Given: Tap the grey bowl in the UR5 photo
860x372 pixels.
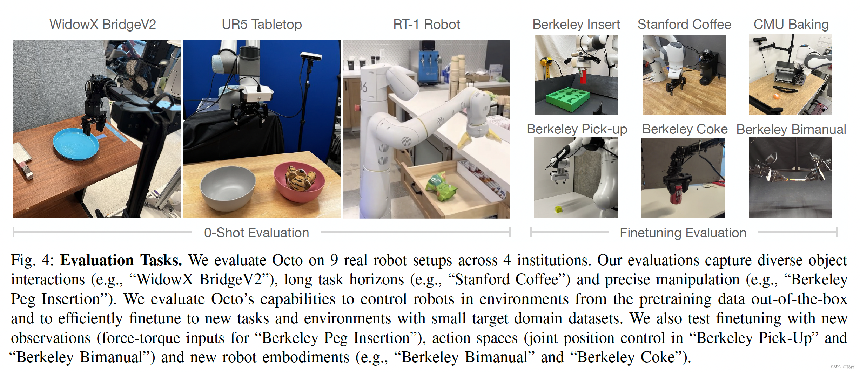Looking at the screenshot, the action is point(228,187).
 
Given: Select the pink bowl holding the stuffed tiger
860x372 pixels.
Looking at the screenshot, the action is point(299,182).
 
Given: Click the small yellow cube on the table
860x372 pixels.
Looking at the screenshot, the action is point(558,209).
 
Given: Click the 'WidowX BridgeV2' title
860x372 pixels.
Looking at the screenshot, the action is point(102,25).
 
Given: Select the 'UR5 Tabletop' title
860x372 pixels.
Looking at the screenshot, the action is point(262,25).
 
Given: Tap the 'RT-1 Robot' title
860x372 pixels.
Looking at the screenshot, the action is point(426,25).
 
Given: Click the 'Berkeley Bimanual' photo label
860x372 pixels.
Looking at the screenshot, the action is point(791,129).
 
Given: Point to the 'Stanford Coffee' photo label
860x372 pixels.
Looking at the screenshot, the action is point(684,25).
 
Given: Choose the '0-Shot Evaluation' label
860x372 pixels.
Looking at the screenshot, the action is point(256,233).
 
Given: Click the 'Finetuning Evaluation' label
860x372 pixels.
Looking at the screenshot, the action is point(683,233).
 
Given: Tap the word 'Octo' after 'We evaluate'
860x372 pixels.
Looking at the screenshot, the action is point(287,260).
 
